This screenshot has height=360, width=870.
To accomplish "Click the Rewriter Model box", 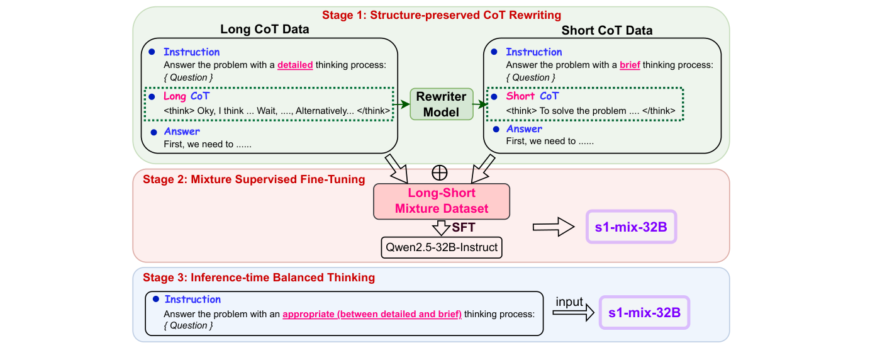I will pos(441,104).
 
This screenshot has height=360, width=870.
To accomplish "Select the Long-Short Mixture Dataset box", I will pos(442,201).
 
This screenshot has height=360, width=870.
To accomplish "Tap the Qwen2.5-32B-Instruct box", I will pos(442,247).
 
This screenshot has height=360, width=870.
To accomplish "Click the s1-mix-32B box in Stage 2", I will pos(631,227).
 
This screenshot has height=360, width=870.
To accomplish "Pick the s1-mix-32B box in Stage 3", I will pos(644,312).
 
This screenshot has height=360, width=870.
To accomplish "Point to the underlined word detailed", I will pos(295,64).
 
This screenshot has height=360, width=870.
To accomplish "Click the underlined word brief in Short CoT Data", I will pos(630,64).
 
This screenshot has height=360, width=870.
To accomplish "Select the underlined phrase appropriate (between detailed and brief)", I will pos(372,313).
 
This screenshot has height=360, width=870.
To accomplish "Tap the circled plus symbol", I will pos(442,171).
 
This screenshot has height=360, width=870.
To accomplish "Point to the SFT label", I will pos(464,227).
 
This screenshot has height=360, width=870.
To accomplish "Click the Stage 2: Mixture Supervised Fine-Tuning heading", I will pos(254,179).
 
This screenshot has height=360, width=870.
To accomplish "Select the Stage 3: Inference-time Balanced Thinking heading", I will pos(259,278).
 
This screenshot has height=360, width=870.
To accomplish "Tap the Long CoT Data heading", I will pos(264,30).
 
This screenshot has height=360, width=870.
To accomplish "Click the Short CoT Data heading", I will pos(606,30).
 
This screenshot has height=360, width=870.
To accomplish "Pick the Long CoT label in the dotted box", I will pos(186,96).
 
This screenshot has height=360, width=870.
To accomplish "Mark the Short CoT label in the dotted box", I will pos(532,96).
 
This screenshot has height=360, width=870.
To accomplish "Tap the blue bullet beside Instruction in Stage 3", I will pos(155,299).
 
